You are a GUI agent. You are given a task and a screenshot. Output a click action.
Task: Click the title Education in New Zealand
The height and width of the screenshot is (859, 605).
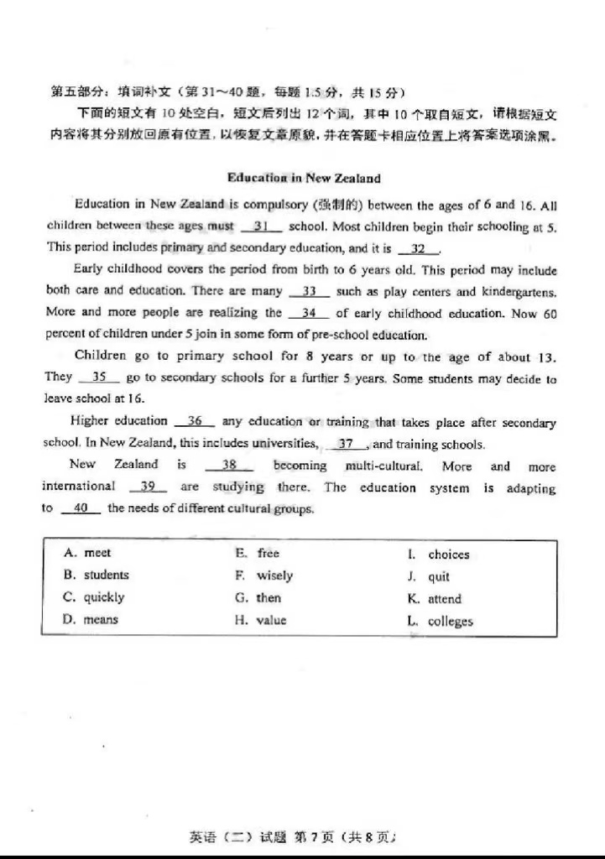303,178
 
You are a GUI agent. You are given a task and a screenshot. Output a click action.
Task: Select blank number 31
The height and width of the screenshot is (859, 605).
260,226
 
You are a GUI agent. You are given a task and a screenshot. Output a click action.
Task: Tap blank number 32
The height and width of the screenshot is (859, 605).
419,248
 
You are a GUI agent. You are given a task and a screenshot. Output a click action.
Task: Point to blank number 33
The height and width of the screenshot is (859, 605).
309,291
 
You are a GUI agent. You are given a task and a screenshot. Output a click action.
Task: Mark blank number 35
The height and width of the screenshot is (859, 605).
99,377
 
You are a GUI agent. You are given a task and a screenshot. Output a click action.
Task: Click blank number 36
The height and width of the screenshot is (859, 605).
195,421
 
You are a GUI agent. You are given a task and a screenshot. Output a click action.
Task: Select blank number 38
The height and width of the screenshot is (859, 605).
228,465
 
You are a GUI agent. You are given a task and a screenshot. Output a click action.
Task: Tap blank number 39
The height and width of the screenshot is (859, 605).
148,487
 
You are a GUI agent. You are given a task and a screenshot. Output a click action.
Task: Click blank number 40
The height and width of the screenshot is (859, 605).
81,508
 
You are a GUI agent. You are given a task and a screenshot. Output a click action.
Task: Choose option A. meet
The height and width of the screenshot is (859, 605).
87,553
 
